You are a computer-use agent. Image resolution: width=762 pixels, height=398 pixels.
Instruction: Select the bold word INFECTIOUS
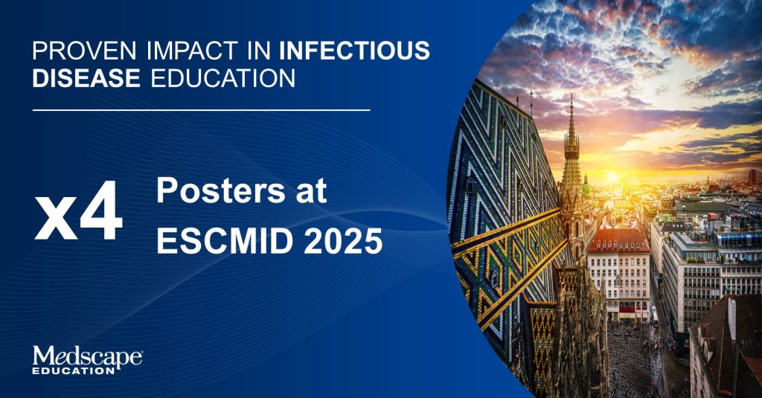pos(355,51)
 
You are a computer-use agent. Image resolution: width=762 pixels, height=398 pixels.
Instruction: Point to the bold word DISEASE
pos(86,78)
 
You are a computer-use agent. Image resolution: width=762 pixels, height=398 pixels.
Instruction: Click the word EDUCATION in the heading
pos(223,78)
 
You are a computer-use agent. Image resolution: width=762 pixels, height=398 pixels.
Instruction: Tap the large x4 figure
pos(78,211)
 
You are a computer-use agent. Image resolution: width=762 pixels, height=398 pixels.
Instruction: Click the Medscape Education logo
pos(88,360)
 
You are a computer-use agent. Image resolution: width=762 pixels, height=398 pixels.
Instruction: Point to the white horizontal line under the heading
pos(201,110)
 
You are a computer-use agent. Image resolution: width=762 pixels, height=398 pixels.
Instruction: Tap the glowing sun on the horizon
pos(612,176)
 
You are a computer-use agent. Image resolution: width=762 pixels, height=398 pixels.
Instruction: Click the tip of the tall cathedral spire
pos(571,95)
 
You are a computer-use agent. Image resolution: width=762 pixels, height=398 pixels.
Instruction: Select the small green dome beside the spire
pos(588,188)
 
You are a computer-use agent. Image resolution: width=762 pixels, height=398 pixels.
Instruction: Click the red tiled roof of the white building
pos(618,241)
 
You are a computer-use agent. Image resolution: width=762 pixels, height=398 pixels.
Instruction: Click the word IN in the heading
pos(258,51)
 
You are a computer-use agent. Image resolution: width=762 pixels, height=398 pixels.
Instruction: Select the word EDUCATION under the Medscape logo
pos(74,370)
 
